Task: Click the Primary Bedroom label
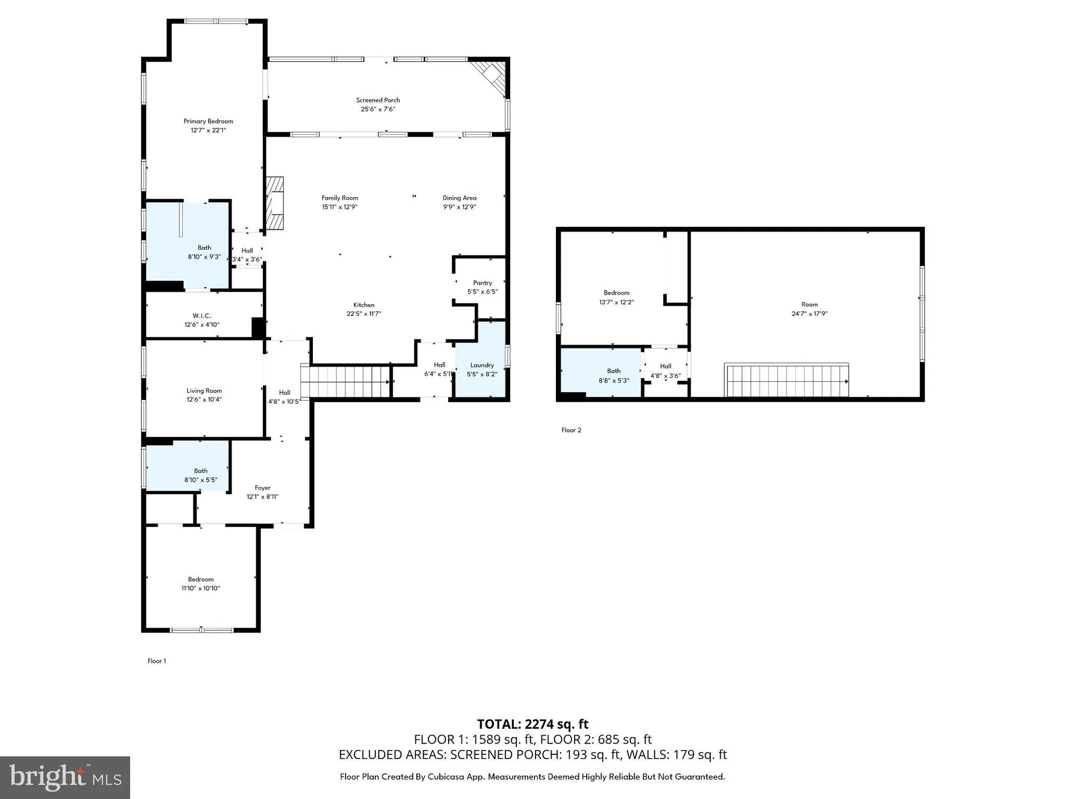[x=208, y=121]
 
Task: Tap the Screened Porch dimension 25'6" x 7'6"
[x=377, y=109]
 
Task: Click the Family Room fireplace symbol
[x=274, y=203]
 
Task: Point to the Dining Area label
[x=459, y=198]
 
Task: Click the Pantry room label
[x=482, y=283]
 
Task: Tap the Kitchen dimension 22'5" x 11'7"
[x=364, y=314]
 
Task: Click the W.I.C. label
[x=201, y=316]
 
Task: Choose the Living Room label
[x=204, y=390]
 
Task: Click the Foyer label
[x=262, y=487]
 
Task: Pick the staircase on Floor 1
[x=346, y=381]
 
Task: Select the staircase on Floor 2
[x=787, y=380]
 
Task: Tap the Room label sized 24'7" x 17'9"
[x=809, y=304]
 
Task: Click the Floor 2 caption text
[x=571, y=430]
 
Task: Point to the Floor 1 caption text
[x=157, y=661]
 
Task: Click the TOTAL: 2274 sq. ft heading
[x=532, y=724]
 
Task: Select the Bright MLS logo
[x=65, y=777]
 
